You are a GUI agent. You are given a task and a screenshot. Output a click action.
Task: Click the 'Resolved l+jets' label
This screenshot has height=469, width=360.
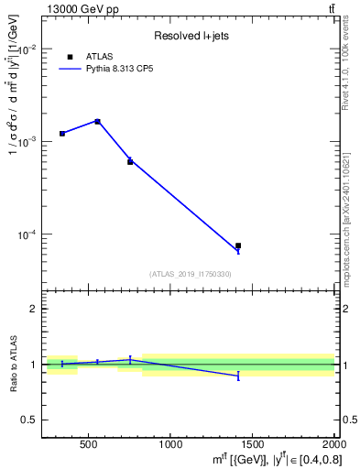pos(191,37)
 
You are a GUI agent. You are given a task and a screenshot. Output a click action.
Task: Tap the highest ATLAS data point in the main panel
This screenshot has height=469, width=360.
pos(98,121)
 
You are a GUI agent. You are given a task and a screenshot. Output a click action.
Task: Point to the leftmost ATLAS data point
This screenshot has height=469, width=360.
pos(62,134)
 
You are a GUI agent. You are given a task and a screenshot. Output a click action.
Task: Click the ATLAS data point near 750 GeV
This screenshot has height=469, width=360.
pos(130,161)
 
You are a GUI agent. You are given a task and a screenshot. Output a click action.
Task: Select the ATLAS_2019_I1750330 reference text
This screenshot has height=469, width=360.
pos(191,274)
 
